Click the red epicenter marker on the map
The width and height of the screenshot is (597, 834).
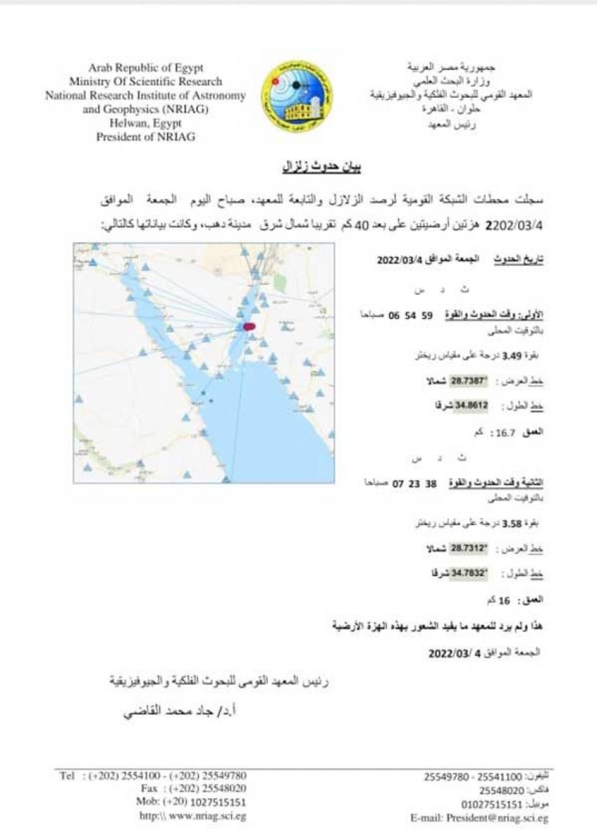tap(249, 326)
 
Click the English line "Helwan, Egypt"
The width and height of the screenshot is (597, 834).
tap(145, 124)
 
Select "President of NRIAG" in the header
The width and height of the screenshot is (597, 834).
tap(145, 138)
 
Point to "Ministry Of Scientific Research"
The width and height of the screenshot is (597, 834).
tap(145, 82)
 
